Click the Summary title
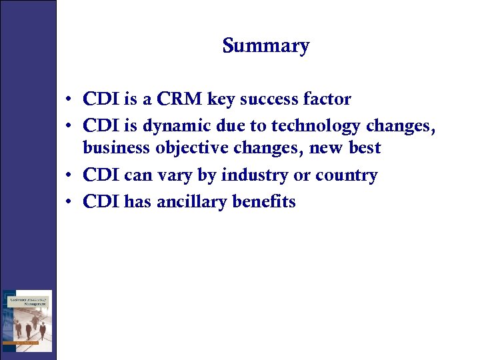(x=266, y=46)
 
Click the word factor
(x=327, y=99)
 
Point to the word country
(x=346, y=176)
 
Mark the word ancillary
(x=192, y=202)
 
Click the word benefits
(x=264, y=202)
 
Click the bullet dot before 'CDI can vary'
(x=69, y=176)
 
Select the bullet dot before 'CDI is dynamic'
(x=69, y=125)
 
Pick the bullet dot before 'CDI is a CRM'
(x=69, y=100)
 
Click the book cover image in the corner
(x=27, y=321)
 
